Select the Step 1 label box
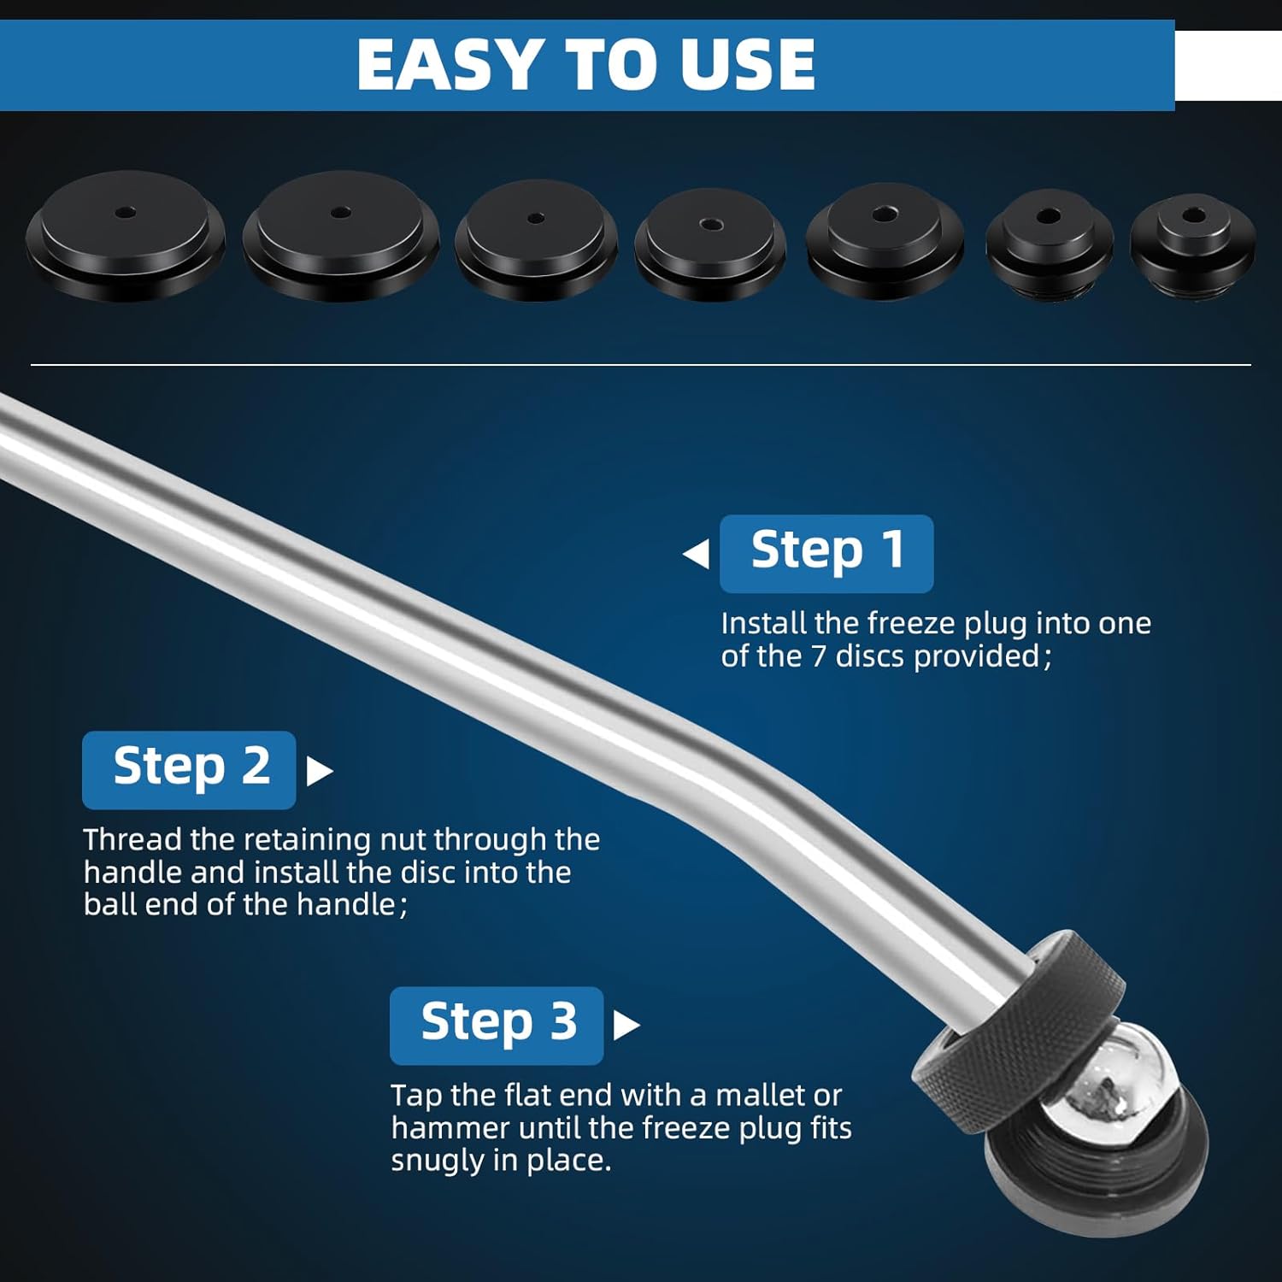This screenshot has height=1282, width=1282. pos(826,553)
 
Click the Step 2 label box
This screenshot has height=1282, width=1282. pos(189,769)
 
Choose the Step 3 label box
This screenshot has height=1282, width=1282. pos(497,1025)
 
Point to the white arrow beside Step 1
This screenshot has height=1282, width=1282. pos(697,554)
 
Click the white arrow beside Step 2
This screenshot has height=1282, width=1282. pos(319,771)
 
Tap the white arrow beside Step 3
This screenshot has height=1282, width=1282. pos(626,1026)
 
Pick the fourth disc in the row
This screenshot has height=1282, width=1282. pos(710,245)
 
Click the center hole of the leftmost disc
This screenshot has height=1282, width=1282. pos(126,210)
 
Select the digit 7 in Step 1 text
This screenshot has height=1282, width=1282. pos(818,656)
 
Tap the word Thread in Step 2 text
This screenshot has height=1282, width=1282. pos(132,839)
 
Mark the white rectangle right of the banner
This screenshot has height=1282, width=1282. pos(1228,66)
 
